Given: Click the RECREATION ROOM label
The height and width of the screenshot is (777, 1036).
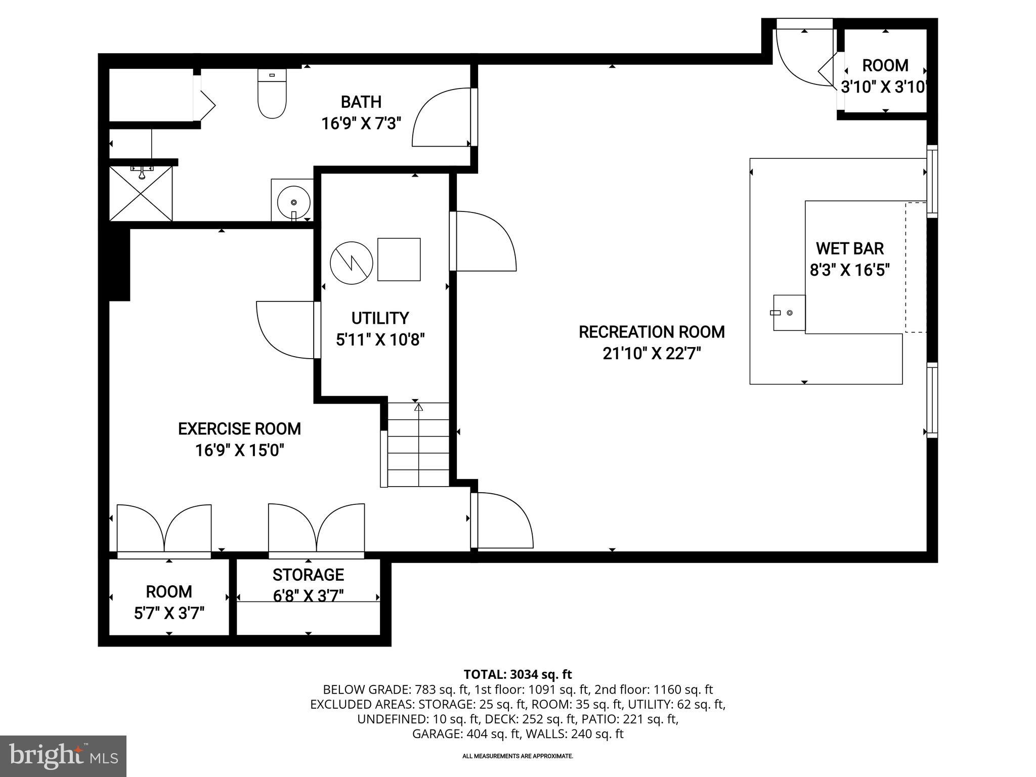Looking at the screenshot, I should coord(652,332).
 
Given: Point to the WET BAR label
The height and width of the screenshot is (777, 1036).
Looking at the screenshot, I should coord(850,248).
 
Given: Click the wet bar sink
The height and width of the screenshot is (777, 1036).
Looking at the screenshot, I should coord(789,313).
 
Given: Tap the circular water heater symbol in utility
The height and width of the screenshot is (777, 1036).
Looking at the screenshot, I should coord(352,263).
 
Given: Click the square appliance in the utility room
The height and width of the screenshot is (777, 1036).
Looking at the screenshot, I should coord(399,259).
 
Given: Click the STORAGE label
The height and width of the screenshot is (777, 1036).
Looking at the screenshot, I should coord(308,575).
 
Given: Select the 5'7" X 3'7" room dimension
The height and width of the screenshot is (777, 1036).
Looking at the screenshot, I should coord(169,614).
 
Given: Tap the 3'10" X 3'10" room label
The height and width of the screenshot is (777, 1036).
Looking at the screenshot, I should coord(884,87).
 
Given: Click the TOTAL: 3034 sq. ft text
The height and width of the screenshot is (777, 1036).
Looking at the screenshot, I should coord(517,674).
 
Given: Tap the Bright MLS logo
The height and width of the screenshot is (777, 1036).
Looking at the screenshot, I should coord(63,756).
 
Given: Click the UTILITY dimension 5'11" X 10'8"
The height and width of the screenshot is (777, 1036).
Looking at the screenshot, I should coord(380,339).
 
